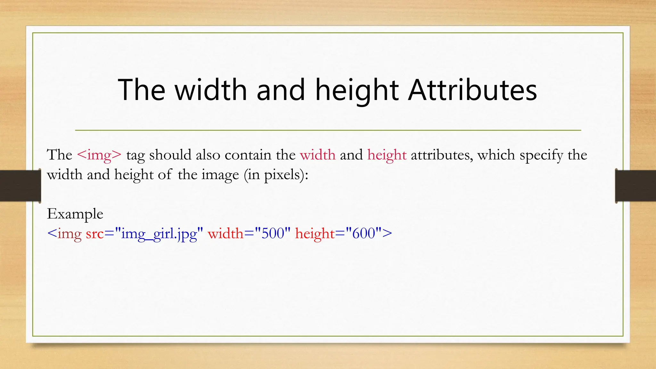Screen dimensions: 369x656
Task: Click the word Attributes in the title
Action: pyautogui.click(x=472, y=90)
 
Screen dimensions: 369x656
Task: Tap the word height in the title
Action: pyautogui.click(x=357, y=90)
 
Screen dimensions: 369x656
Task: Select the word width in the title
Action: pyautogui.click(x=211, y=90)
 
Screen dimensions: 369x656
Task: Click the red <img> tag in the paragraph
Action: pyautogui.click(x=99, y=155)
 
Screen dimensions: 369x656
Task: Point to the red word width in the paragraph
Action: pyautogui.click(x=317, y=155)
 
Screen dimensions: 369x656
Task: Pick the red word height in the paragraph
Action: pyautogui.click(x=387, y=155)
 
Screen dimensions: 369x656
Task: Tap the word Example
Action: pyautogui.click(x=75, y=214)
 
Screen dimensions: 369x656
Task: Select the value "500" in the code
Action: pyautogui.click(x=273, y=233)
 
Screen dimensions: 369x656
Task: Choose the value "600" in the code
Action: pyautogui.click(x=364, y=233)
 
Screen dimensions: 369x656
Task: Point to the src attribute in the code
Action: pyautogui.click(x=95, y=234)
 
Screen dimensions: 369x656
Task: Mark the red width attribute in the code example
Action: pyautogui.click(x=225, y=233)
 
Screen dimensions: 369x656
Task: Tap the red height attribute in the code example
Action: pyautogui.click(x=315, y=234)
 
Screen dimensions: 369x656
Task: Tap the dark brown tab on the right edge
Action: pyautogui.click(x=636, y=186)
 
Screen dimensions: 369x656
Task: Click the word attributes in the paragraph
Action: pyautogui.click(x=441, y=155)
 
